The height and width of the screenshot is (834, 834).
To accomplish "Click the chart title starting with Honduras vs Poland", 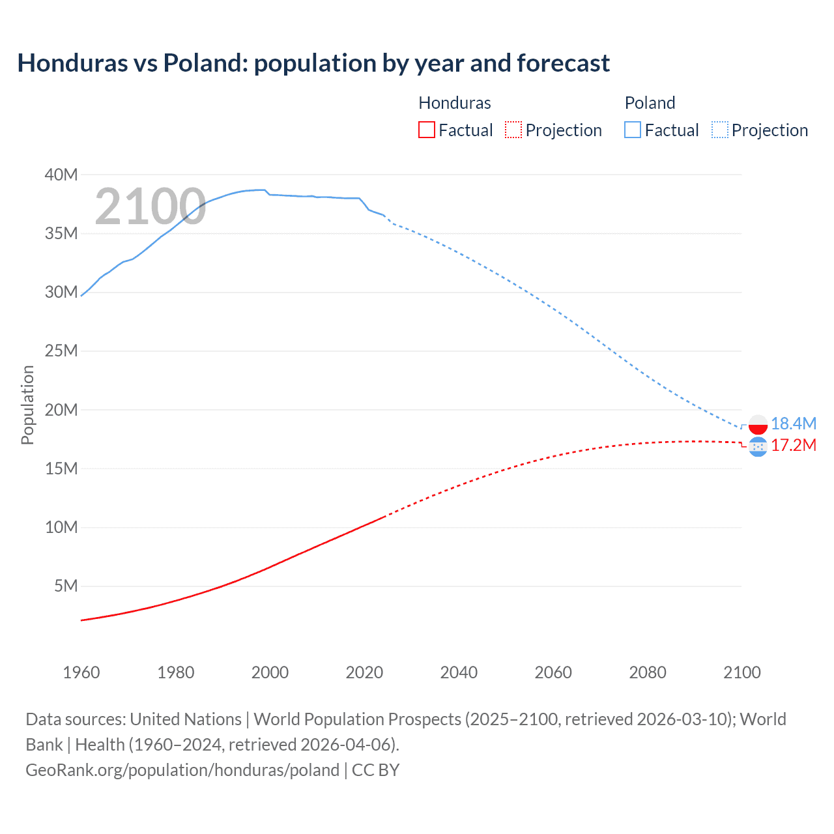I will [313, 63].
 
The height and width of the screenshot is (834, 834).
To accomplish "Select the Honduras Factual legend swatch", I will [426, 130].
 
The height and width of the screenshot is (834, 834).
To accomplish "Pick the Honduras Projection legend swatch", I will [513, 130].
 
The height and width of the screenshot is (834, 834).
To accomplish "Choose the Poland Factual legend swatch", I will [632, 130].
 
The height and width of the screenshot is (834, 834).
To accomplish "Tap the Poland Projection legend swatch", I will [720, 130].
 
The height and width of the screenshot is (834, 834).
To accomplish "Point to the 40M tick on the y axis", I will [61, 175].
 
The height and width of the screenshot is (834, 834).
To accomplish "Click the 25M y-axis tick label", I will [61, 351].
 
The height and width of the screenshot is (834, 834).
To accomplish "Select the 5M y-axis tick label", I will [66, 586].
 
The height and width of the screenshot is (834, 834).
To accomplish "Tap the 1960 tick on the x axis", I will [81, 672].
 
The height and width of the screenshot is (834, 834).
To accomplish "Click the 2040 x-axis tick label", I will [459, 672].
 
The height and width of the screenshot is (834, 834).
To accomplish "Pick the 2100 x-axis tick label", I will [741, 672].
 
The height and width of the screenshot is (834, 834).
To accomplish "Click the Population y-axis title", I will [27, 405].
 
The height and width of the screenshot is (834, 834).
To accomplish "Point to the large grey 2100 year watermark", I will [151, 207].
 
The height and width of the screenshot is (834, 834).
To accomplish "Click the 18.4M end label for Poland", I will [793, 424].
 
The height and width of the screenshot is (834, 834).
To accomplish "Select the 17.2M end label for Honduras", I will [793, 445].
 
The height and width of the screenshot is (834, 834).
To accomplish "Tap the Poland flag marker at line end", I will [758, 424].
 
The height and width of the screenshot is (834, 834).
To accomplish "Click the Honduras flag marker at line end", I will [758, 447].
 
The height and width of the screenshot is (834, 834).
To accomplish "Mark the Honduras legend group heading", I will [454, 103].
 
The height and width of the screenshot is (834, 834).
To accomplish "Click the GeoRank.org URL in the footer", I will [182, 770].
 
